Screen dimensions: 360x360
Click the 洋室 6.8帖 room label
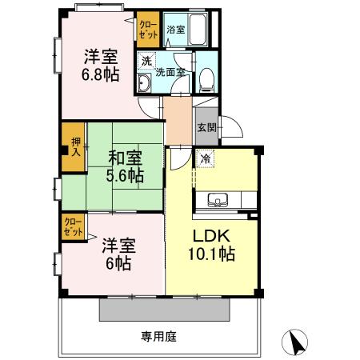coord(102,66)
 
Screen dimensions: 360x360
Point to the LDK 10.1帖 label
coord(212,245)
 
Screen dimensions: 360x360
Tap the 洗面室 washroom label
coord(170,71)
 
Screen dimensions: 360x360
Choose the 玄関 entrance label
coord(206,126)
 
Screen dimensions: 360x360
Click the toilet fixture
coord(206,78)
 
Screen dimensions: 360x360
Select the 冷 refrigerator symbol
coord(206,160)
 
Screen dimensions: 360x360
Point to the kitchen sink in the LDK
coord(217,200)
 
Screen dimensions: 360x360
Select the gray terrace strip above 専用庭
coord(166,309)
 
